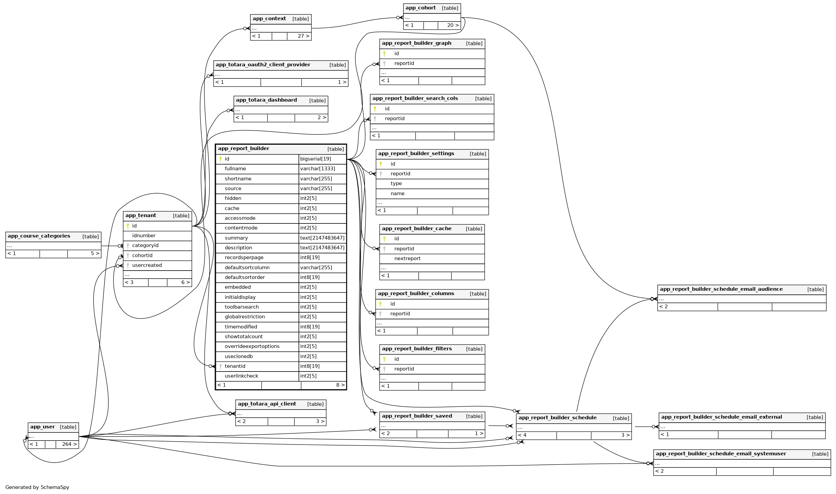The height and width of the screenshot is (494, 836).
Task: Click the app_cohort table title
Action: (x=420, y=8)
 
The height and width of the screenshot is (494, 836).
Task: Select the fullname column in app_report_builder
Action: (x=235, y=169)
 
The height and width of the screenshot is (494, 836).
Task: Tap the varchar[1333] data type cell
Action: (x=317, y=169)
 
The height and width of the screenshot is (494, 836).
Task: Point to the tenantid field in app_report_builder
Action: (x=235, y=366)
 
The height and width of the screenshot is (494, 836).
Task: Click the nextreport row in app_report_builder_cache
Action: (x=407, y=258)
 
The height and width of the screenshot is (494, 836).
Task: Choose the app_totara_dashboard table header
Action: (x=266, y=100)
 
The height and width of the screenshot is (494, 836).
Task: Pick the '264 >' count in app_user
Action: (x=69, y=444)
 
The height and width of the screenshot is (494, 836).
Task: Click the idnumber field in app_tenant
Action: (x=144, y=236)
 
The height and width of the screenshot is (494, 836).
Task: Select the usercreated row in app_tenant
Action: (x=147, y=265)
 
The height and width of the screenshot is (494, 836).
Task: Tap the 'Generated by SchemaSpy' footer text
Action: (x=37, y=487)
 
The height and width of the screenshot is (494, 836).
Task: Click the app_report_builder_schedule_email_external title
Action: (x=722, y=417)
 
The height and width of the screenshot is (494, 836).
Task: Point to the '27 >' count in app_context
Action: (x=303, y=36)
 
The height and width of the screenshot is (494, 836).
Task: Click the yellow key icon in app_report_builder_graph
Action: (x=384, y=54)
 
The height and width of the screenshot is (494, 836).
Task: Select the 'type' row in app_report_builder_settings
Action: (x=396, y=183)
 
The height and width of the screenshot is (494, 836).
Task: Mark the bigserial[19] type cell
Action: (x=315, y=159)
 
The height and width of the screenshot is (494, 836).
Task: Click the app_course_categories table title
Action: (x=39, y=236)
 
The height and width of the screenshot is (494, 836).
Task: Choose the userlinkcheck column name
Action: (x=241, y=376)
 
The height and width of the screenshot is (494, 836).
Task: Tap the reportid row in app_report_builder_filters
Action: (x=404, y=369)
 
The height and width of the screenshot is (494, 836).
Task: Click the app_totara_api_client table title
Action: (x=267, y=404)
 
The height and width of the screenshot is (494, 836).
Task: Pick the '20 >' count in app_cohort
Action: (x=453, y=25)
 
